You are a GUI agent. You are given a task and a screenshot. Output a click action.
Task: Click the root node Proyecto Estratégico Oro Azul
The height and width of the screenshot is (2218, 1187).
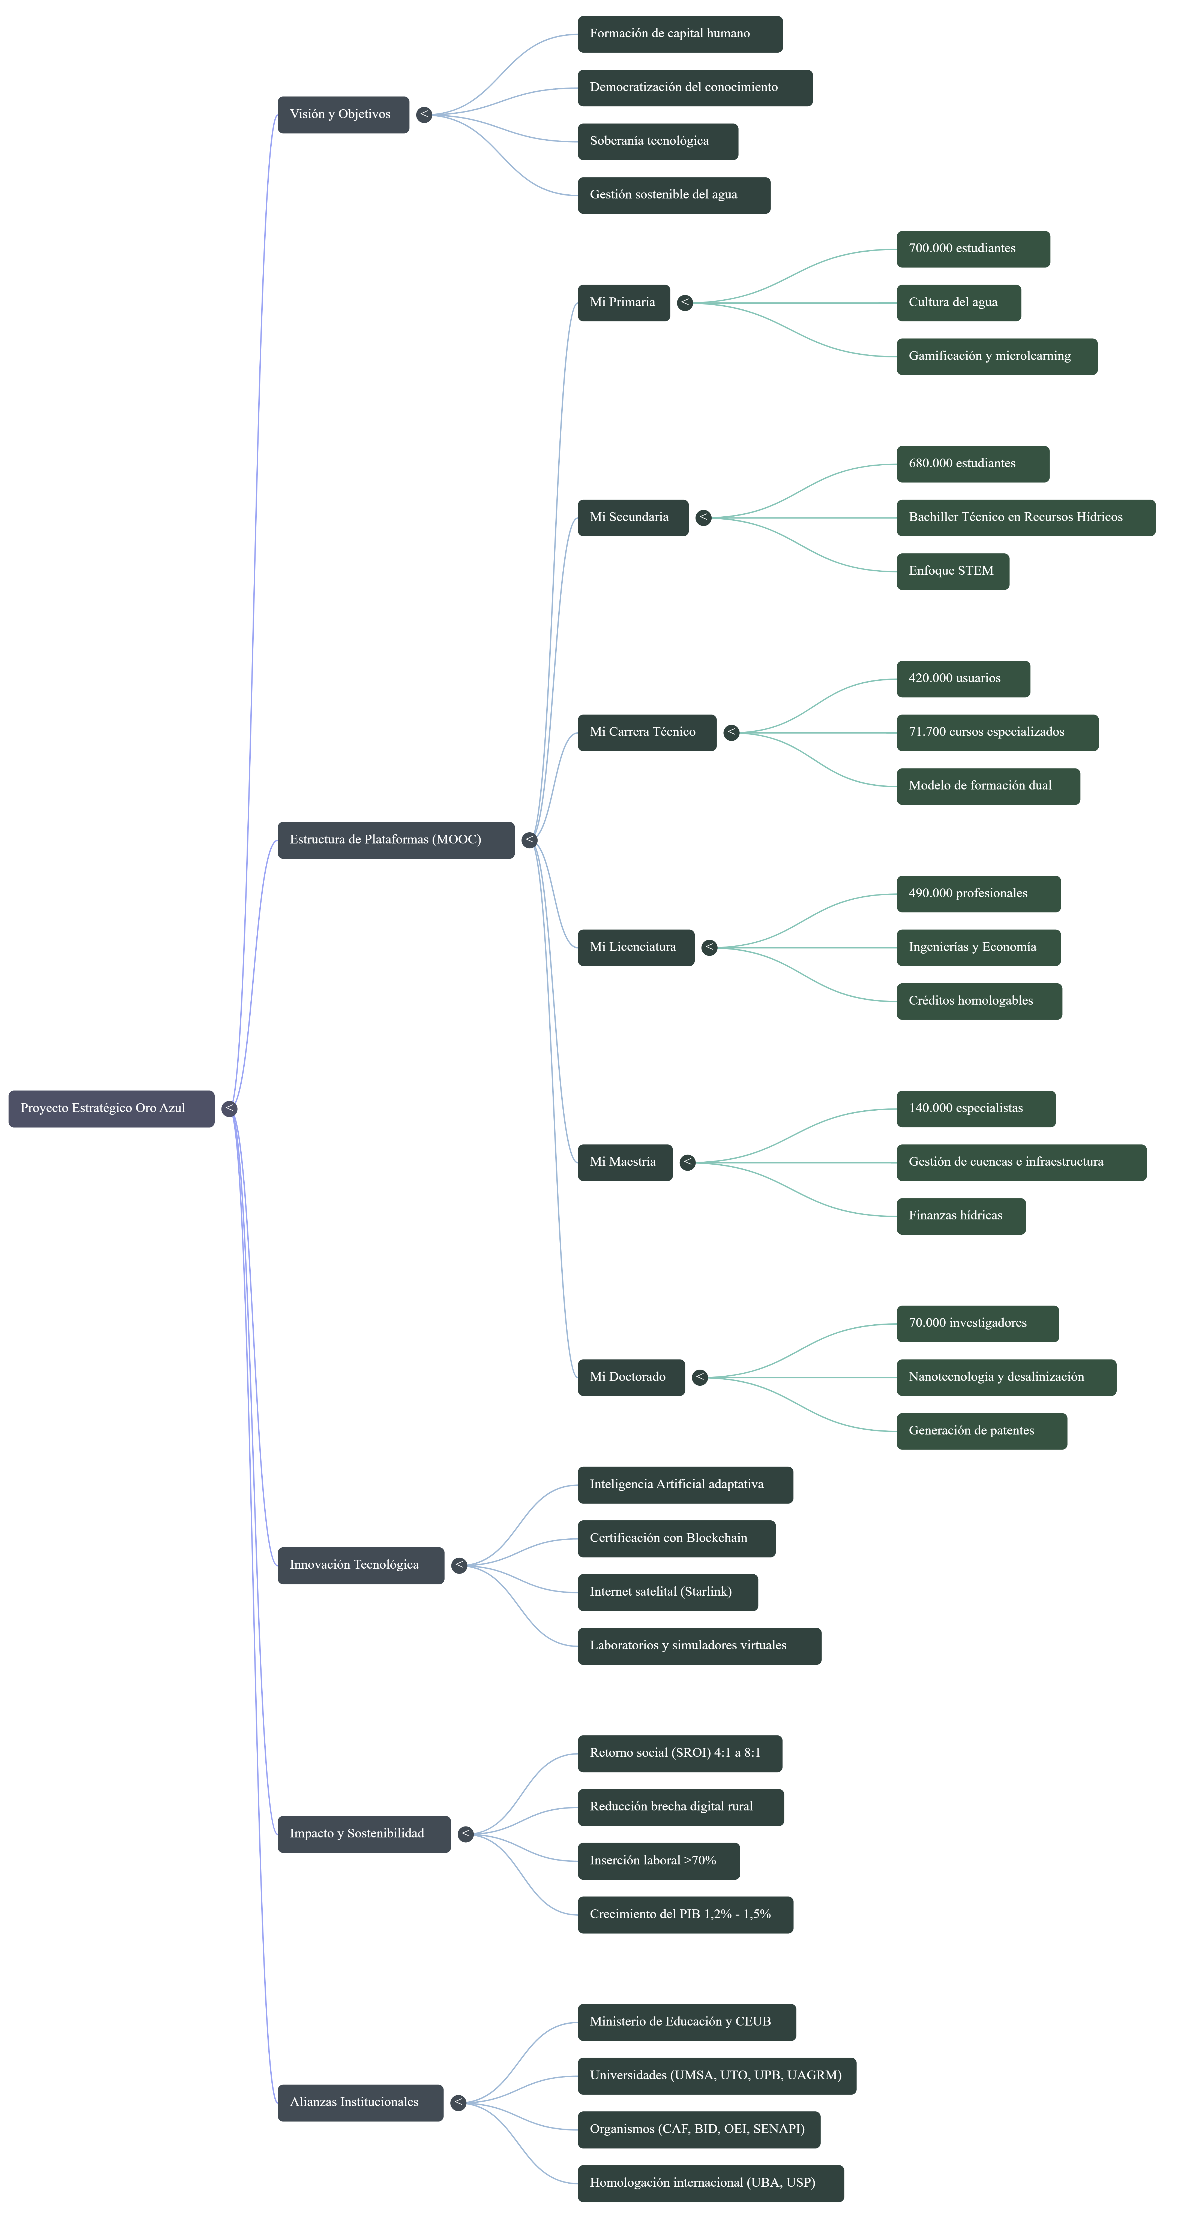[111, 1108]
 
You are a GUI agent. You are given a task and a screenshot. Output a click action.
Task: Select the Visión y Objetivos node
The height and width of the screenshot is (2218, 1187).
[343, 114]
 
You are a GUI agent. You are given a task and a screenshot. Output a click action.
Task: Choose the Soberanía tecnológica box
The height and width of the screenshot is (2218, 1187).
[657, 141]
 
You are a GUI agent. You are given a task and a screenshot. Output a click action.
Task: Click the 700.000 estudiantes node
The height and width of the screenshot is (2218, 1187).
[973, 249]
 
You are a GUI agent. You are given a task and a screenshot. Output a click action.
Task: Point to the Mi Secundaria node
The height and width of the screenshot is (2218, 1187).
[632, 517]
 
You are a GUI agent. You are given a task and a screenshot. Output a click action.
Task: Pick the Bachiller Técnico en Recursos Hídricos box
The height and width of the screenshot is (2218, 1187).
[1025, 517]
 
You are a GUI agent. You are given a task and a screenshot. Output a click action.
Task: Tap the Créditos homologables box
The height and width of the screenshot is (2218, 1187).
[979, 1001]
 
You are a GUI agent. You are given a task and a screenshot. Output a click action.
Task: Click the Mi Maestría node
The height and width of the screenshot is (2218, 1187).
[625, 1162]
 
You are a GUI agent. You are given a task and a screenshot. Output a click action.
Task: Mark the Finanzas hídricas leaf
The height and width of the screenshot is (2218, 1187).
[960, 1216]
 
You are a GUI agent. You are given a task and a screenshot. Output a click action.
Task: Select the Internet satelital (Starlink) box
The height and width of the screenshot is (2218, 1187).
[668, 1592]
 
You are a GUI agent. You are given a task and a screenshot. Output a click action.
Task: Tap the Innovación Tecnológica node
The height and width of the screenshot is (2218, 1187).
[360, 1565]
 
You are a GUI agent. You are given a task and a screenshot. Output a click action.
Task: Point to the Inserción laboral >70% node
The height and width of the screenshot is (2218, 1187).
[658, 1861]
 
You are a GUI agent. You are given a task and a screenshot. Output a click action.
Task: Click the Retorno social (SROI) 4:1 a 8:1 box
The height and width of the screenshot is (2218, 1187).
[680, 1753]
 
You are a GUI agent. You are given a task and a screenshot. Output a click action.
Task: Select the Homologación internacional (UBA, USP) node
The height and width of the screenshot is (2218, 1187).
[711, 2183]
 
